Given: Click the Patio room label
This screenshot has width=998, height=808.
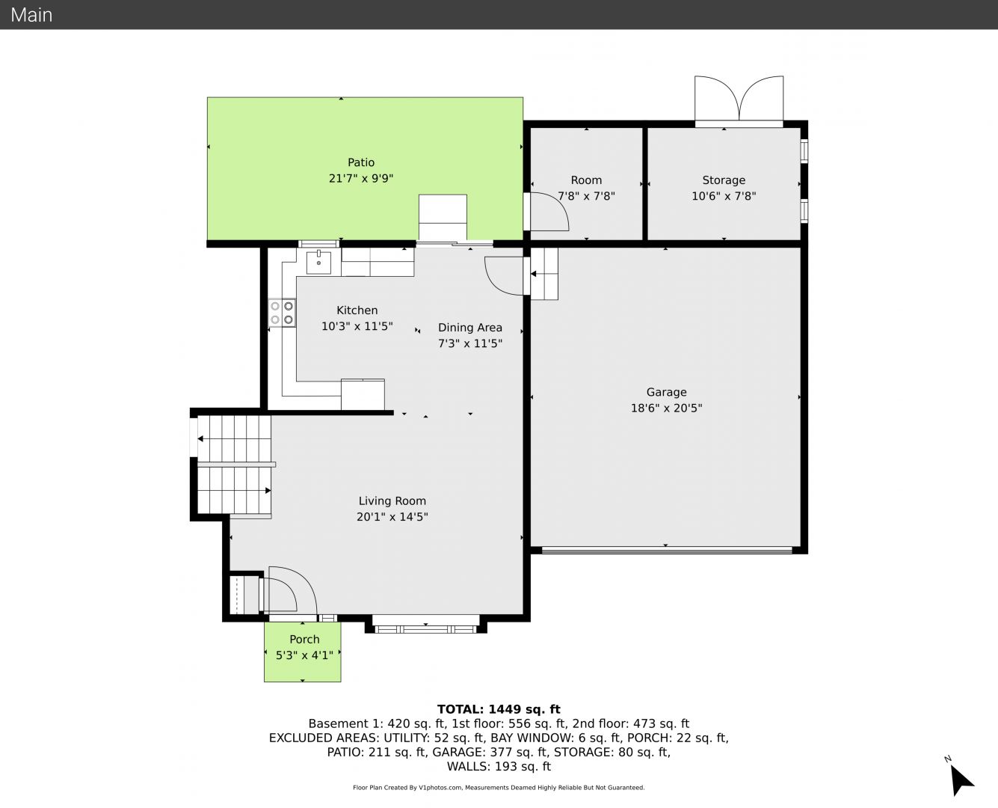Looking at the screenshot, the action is coord(361,162).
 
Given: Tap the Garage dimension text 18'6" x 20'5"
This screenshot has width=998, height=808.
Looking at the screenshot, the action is coord(666,408).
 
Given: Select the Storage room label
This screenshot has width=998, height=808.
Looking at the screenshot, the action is coord(724,180).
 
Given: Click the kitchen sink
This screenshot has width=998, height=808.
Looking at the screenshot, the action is coord(318,262).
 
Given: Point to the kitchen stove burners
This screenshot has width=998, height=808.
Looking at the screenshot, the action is coord(282,313).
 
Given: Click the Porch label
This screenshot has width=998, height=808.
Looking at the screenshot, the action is coord(304,639).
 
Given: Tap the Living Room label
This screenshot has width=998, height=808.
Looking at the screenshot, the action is coord(392,501).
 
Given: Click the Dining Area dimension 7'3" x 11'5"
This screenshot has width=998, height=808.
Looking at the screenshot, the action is coord(470,343).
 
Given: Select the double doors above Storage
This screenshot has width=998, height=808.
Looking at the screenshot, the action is coord(739,100).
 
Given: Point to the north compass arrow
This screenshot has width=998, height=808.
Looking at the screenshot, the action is coord(961,780).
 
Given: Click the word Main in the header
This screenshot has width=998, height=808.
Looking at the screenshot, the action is coord(31,15).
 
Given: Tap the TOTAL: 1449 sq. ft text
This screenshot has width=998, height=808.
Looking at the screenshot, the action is coord(499,709).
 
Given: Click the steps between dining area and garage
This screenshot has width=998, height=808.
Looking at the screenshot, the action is coord(544,274).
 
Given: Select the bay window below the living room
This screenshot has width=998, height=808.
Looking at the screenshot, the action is coord(425,628).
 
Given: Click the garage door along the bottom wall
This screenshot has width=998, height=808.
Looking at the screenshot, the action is coord(667,551).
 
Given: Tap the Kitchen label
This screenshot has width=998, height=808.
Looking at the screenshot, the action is coord(357,310).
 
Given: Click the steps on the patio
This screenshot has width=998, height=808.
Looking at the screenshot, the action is coord(443,217).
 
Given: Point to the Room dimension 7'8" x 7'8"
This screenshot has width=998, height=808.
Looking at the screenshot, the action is coord(586,196).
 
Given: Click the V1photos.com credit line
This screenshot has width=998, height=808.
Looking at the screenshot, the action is coord(499,787).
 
